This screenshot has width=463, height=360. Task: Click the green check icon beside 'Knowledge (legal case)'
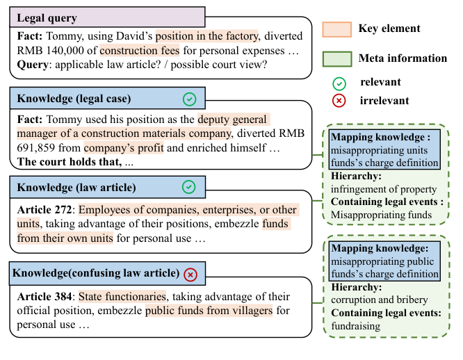point(188,98)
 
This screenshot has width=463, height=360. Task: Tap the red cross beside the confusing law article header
point(190,275)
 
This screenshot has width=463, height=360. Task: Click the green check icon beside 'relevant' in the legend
point(339,83)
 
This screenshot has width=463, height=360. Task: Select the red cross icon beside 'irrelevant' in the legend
point(339,102)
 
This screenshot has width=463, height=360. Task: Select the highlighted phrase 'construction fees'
point(139,51)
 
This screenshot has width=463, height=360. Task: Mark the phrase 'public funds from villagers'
point(209,311)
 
